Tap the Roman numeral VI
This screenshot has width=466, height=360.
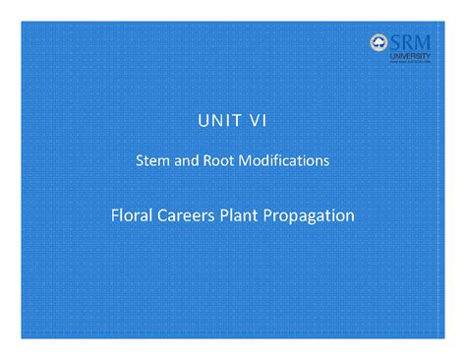(x=256, y=122)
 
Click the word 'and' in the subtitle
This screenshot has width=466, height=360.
(x=188, y=160)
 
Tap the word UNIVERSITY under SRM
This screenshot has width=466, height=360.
(x=411, y=55)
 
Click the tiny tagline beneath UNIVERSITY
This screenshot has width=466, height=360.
(x=411, y=61)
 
